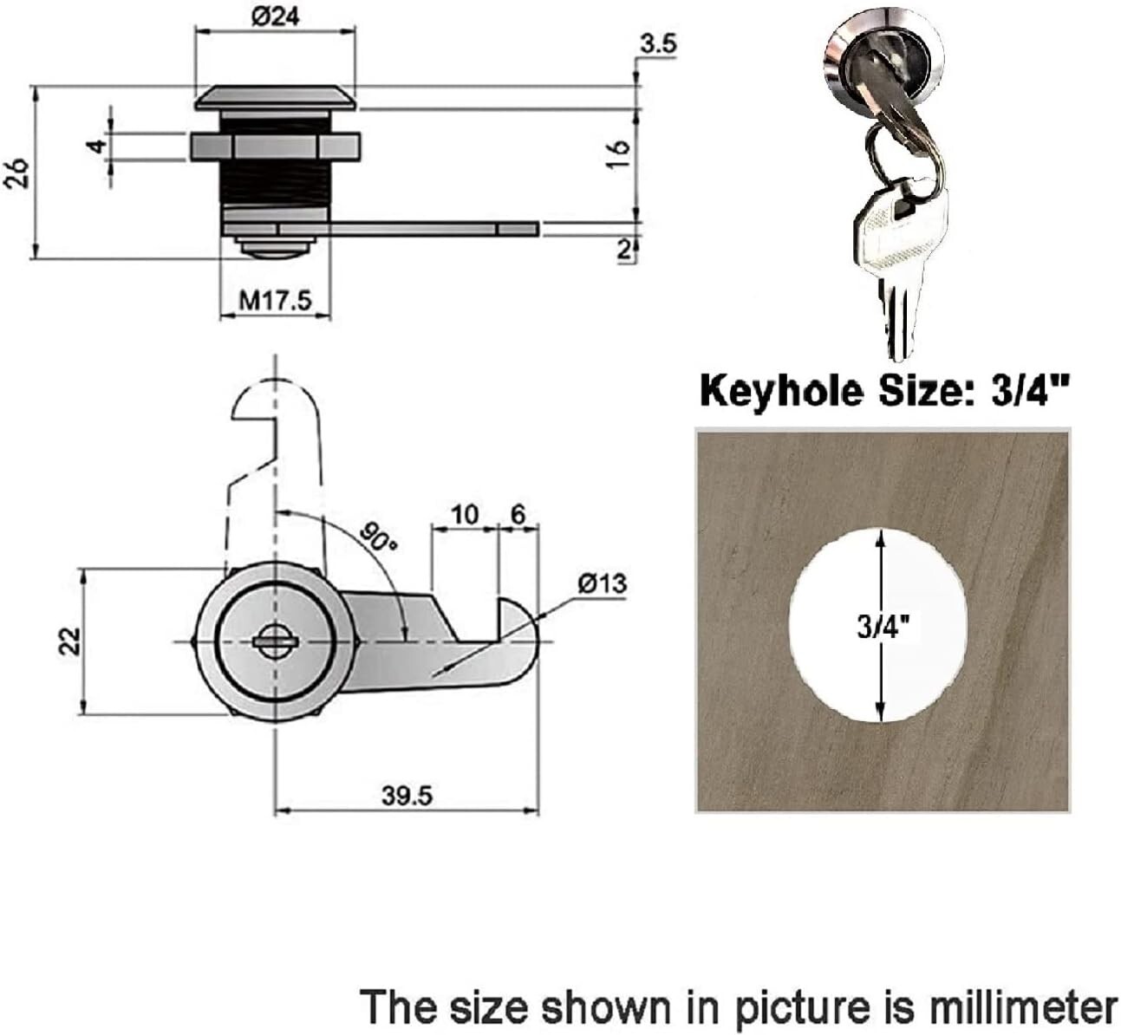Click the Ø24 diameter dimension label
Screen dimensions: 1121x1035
coord(276,17)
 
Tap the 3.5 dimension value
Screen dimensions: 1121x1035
coord(657,44)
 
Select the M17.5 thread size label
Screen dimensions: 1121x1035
coord(275,301)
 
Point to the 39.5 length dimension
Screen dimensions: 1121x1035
coord(407,796)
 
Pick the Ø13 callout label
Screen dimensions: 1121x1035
coord(602,583)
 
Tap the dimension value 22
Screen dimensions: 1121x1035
coord(70,641)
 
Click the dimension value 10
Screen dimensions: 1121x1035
coord(465,514)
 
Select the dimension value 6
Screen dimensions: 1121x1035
coord(518,514)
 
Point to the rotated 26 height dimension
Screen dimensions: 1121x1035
coord(17,174)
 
